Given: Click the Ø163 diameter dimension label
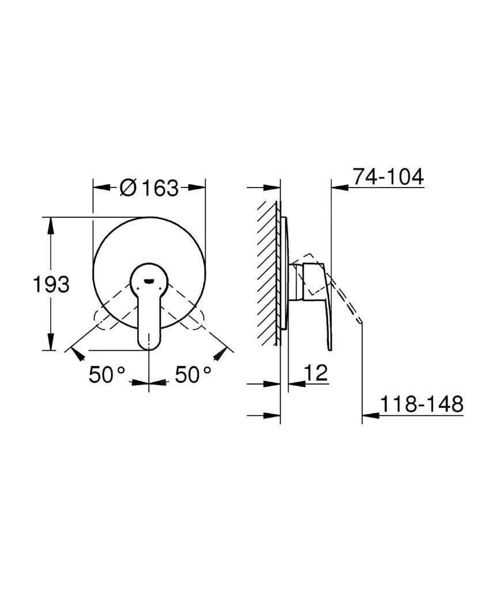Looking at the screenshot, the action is pos(149,188).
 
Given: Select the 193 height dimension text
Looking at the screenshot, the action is pos(51,284).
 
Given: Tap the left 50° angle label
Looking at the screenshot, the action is pos(107,374).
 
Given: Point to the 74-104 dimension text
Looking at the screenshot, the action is pos(388,177).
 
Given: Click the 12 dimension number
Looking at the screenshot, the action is pos(316,373).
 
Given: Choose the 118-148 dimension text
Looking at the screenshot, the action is pos(422,404).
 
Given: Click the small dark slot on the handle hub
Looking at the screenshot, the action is pos(149,281).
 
